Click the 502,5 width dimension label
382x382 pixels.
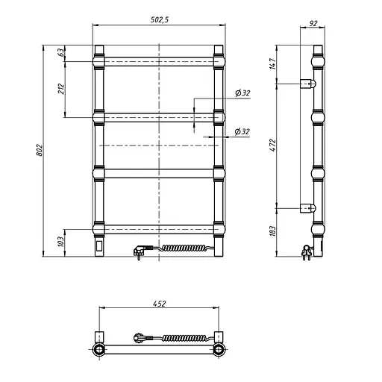160,19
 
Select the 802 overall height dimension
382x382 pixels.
40,150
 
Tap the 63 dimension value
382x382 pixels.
61,52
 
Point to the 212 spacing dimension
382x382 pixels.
61,89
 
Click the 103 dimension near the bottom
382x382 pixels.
61,242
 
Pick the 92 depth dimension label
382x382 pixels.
313,23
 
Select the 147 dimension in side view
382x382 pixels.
273,63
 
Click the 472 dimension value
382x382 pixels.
273,145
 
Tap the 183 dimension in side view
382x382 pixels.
273,231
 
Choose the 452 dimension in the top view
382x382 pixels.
159,304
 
